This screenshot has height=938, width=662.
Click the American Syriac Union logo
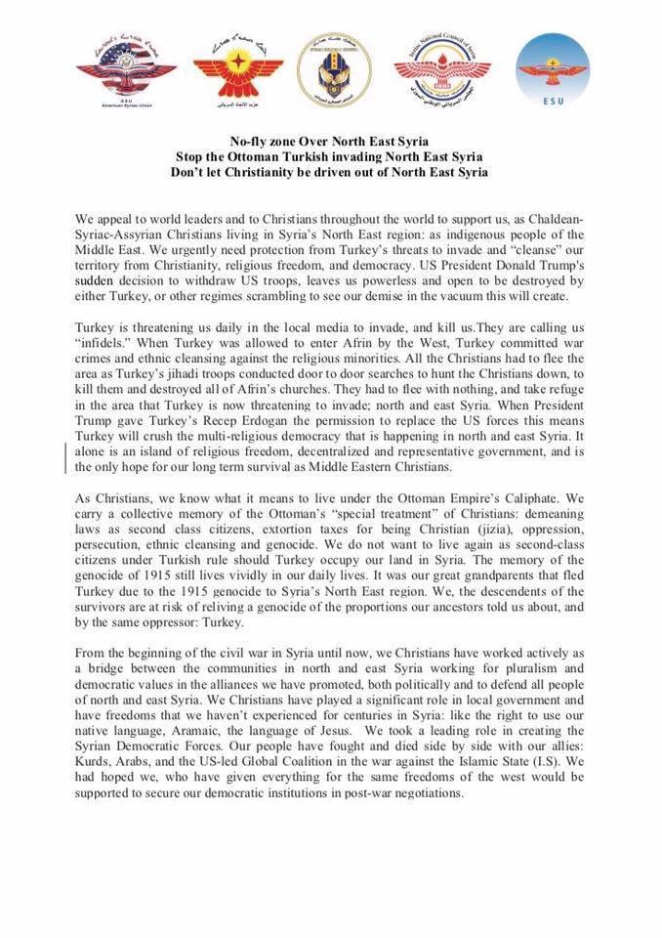(x=126, y=70)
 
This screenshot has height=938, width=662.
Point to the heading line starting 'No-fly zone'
(x=331, y=141)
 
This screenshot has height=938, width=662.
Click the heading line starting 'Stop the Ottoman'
(x=331, y=156)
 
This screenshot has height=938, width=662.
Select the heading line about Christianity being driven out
(x=331, y=172)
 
